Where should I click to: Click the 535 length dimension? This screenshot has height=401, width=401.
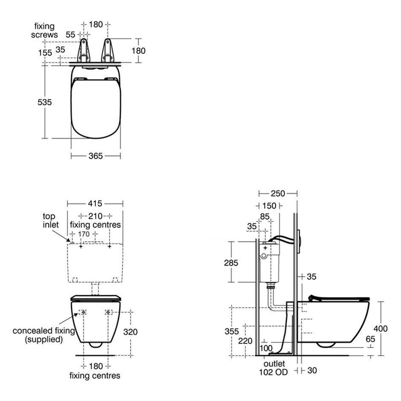[x=45, y=102]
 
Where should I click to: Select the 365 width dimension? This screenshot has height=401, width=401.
[x=96, y=156]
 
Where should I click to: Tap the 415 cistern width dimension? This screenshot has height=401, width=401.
[x=95, y=203]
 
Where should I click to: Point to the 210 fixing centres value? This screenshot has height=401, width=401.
[x=96, y=216]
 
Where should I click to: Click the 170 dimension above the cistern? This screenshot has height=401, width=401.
[x=84, y=234]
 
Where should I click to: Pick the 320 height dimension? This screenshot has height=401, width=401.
[x=131, y=332]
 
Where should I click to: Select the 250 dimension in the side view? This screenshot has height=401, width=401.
[x=278, y=194]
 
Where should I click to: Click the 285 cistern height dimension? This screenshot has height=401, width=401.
[x=231, y=262]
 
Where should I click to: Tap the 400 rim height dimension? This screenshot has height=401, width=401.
[x=380, y=328]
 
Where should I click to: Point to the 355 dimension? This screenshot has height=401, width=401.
[x=231, y=331]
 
